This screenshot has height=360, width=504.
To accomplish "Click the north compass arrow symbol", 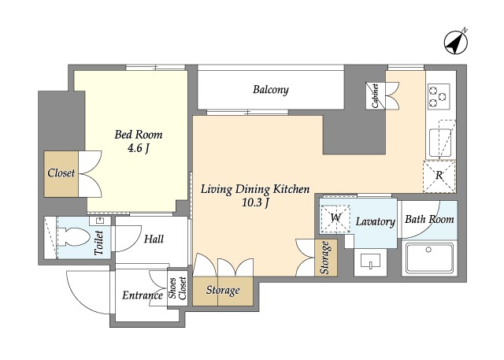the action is point(456,43).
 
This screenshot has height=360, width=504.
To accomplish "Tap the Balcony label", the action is point(271,89).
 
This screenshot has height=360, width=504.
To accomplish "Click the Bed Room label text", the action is point(139,135).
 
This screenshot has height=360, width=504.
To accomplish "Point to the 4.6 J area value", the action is point(139,149).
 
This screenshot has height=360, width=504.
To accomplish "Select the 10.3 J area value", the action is point(255,202).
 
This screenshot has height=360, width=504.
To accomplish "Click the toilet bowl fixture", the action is point(72,237).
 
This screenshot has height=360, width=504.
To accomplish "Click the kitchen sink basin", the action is point(440,143).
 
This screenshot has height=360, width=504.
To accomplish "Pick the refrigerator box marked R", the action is point(439,176).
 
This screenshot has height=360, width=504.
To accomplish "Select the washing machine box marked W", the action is point(335,218).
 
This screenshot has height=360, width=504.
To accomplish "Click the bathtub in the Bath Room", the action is point(429,258).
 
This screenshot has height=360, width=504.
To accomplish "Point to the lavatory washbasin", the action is point(371,261).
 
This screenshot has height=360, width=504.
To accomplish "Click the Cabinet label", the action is point(375,95).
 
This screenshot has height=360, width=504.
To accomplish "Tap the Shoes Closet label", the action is point(178,288).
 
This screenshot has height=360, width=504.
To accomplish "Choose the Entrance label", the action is point(142,295).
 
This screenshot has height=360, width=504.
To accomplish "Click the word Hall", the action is point(154,239).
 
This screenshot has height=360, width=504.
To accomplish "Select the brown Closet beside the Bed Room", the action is point(61,173).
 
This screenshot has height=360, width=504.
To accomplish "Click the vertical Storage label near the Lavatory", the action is point(325,258).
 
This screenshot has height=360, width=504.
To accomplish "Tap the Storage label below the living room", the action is point(223,290).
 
